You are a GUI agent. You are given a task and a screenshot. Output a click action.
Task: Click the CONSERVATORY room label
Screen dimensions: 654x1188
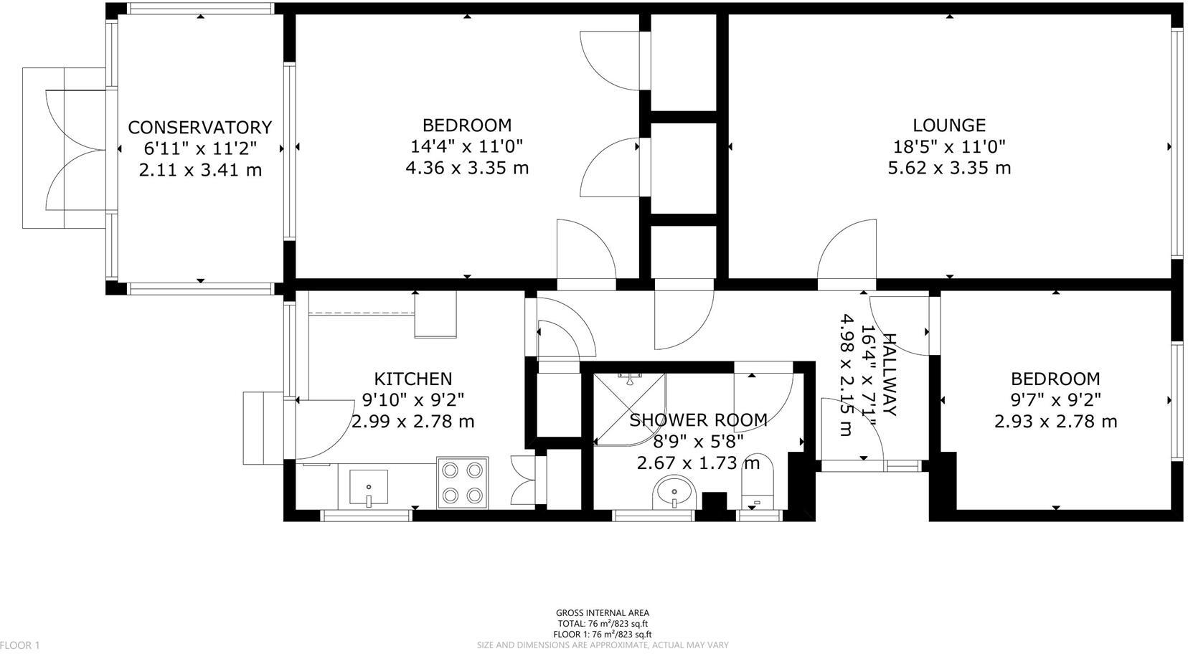pos(199,127)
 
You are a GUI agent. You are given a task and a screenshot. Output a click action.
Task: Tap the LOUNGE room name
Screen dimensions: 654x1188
pos(948,125)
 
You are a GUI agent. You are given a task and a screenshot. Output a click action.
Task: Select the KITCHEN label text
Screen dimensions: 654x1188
pos(412,379)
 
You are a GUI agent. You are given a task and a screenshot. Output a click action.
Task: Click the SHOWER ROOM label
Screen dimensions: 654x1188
pos(697,420)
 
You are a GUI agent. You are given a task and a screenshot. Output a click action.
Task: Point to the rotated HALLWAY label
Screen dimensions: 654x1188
pos(888,374)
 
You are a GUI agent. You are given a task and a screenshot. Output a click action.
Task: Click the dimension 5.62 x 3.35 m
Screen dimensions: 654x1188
pos(948,168)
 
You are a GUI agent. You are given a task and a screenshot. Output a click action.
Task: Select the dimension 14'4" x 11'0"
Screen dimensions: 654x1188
pos(466,146)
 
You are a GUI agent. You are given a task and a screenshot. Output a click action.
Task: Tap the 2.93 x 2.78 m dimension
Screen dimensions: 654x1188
pos(1055,421)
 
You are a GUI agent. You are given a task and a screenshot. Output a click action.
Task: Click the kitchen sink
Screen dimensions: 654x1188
pos(369,488)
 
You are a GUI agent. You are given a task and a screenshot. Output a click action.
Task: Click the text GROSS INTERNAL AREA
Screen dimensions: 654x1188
pos(602,612)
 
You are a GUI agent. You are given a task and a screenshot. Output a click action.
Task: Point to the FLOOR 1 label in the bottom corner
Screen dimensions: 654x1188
pos(19,645)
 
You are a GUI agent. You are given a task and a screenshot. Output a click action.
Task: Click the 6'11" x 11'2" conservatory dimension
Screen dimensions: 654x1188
pos(199,148)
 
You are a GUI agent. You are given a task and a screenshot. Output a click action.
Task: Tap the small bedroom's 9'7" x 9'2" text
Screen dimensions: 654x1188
pos(1055,399)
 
